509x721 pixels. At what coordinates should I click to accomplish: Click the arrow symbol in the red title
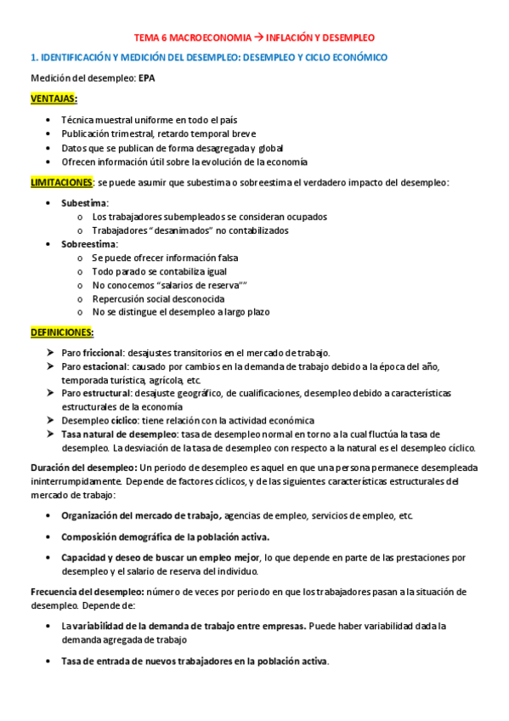point(259,38)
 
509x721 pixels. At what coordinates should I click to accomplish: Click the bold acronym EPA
point(148,79)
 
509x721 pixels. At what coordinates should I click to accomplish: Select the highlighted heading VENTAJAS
point(54,99)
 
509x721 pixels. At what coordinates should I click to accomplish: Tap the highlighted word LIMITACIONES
point(61,182)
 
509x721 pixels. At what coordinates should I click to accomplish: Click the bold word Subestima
point(84,203)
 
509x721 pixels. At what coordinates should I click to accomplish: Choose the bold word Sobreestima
point(89,244)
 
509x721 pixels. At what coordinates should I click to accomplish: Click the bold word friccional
point(103,352)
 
